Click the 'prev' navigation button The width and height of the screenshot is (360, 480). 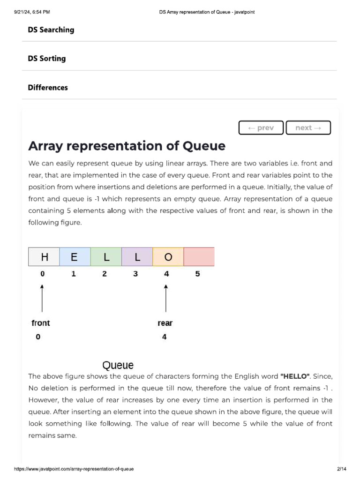261,127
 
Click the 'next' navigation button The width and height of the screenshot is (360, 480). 308,127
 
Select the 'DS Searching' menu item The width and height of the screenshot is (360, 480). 51,30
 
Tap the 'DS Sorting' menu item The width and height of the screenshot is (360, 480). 46,59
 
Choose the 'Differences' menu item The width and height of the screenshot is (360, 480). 47,88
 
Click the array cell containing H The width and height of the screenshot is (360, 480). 44,257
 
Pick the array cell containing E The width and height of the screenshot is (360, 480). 75,257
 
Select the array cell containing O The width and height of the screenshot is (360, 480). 168,257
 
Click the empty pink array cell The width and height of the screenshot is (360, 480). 199,257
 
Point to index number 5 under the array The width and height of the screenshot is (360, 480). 197,274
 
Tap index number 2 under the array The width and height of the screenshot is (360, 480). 105,274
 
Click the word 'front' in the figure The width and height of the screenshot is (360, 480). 40,323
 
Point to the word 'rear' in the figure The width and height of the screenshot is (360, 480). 165,323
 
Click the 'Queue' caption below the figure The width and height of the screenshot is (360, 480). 118,365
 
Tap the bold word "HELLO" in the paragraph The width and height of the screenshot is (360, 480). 295,376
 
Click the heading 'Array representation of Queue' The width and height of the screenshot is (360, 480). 127,146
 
